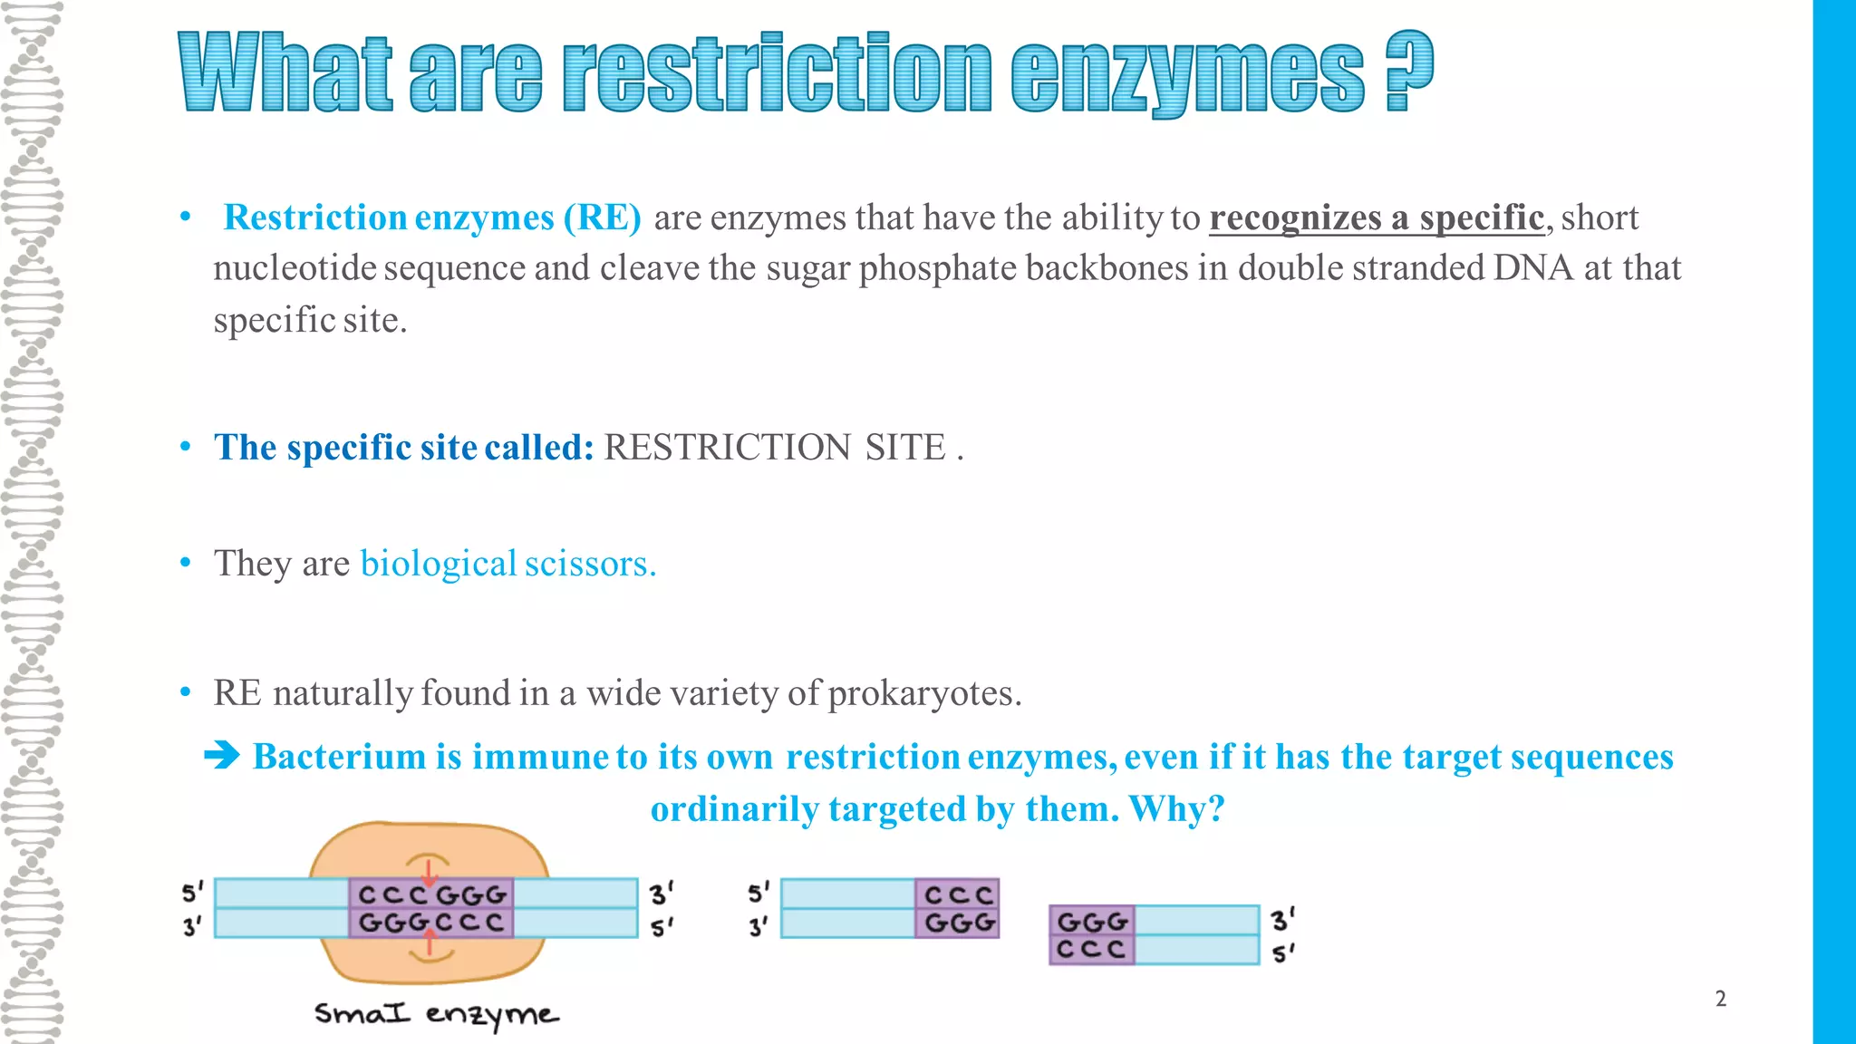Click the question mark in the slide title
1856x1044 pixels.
point(1408,72)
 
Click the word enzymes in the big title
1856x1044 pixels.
point(1187,74)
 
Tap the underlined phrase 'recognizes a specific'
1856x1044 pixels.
point(1376,218)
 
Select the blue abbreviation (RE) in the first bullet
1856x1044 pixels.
point(602,218)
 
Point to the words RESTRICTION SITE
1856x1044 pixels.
point(774,448)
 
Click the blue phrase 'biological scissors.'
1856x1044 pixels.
point(507,564)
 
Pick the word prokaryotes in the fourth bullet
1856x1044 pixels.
point(923,693)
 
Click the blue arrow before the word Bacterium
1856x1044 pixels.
point(222,755)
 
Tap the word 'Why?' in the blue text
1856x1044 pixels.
point(1176,808)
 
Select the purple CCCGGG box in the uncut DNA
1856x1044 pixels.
point(431,894)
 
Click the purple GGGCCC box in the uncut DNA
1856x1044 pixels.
point(431,923)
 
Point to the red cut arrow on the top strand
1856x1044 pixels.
point(429,874)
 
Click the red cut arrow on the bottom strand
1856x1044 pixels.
point(430,944)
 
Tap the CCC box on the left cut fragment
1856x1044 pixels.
point(958,894)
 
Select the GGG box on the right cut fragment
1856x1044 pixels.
point(1092,922)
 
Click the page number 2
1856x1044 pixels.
point(1720,999)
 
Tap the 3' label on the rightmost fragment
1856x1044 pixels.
point(1281,921)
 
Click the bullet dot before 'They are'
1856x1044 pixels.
point(186,563)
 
